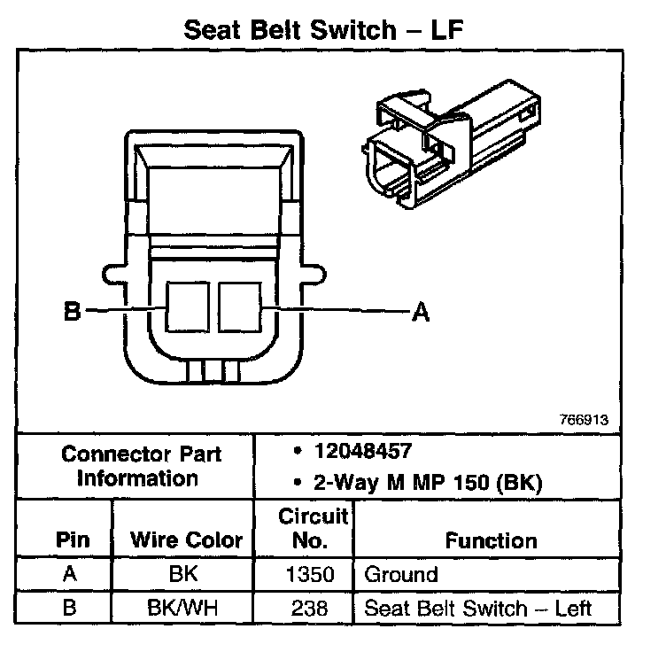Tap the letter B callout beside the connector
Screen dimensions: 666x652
coord(72,312)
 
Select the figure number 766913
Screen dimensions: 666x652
coord(584,420)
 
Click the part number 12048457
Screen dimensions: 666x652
coord(361,452)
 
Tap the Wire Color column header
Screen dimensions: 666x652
coord(186,539)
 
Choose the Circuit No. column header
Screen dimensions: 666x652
coord(315,527)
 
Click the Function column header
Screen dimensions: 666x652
coord(491,539)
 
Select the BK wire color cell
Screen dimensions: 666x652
coord(183,573)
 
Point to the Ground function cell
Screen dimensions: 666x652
coord(401,574)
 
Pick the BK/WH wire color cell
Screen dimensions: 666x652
coord(183,608)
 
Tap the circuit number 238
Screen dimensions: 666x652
coord(308,609)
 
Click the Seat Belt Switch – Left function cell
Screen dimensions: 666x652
coord(477,609)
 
